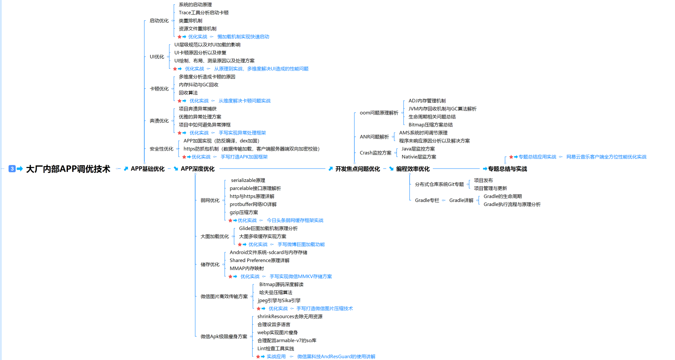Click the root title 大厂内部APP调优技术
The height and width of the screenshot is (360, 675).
pyautogui.click(x=68, y=169)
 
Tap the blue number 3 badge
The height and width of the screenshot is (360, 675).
pyautogui.click(x=12, y=169)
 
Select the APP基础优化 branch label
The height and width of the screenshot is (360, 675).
pyautogui.click(x=148, y=169)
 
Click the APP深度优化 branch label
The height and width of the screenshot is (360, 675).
pyautogui.click(x=198, y=169)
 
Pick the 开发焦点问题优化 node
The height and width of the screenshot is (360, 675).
pyautogui.click(x=358, y=169)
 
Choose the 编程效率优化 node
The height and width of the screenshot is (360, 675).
pyautogui.click(x=413, y=169)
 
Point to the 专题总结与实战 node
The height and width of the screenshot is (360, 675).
pyautogui.click(x=507, y=169)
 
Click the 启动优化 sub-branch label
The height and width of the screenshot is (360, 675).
pyautogui.click(x=159, y=20)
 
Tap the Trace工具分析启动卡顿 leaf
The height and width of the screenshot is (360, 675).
pyautogui.click(x=203, y=13)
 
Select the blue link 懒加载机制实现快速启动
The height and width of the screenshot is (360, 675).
pyautogui.click(x=243, y=37)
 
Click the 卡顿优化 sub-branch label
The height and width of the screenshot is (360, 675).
pyautogui.click(x=159, y=89)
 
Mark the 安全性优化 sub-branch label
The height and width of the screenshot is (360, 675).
pyautogui.click(x=161, y=149)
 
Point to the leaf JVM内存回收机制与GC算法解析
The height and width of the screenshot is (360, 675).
pyautogui.click(x=442, y=109)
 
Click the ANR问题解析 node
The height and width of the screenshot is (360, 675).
pyautogui.click(x=374, y=137)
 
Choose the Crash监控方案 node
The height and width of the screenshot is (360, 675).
pyautogui.click(x=375, y=153)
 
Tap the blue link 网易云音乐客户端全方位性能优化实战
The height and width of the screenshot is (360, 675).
pyautogui.click(x=606, y=157)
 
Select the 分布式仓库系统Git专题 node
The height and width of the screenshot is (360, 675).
pyautogui.click(x=439, y=185)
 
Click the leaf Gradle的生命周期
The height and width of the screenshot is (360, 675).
pyautogui.click(x=503, y=196)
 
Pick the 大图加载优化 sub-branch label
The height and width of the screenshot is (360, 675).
pyautogui.click(x=214, y=236)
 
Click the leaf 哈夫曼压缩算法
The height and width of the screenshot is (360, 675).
pyautogui.click(x=276, y=293)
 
